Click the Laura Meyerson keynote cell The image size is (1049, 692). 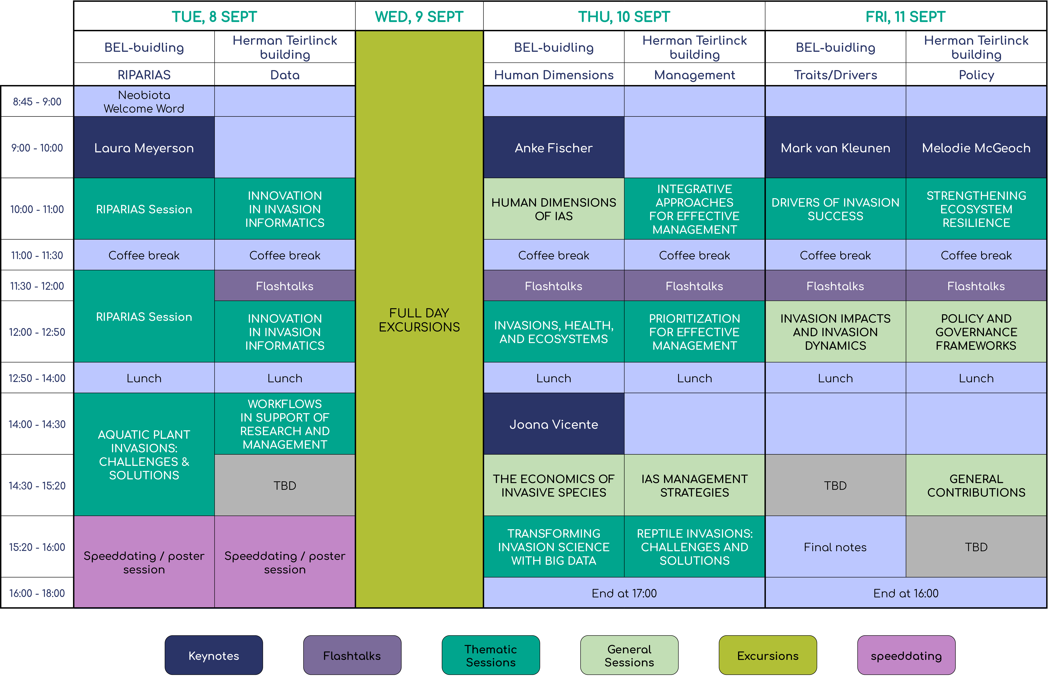coord(144,147)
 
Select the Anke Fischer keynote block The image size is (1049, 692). coord(554,147)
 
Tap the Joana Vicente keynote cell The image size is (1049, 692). coord(554,424)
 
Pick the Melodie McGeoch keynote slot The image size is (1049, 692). coord(976,147)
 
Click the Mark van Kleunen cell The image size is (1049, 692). coord(835,147)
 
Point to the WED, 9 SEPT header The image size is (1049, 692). coord(419,16)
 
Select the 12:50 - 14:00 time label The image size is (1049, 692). coord(37,378)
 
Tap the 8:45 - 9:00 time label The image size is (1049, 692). coord(37,102)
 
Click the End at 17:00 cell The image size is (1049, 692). coord(624,593)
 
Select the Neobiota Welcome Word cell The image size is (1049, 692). coord(144,102)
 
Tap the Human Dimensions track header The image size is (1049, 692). coord(554,75)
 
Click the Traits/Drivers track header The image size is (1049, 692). coord(835,75)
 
